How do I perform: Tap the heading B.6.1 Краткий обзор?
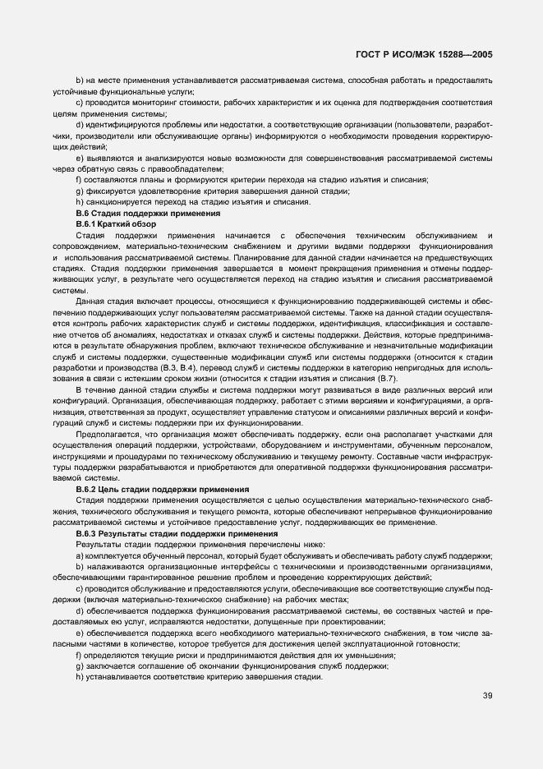click(x=116, y=223)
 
